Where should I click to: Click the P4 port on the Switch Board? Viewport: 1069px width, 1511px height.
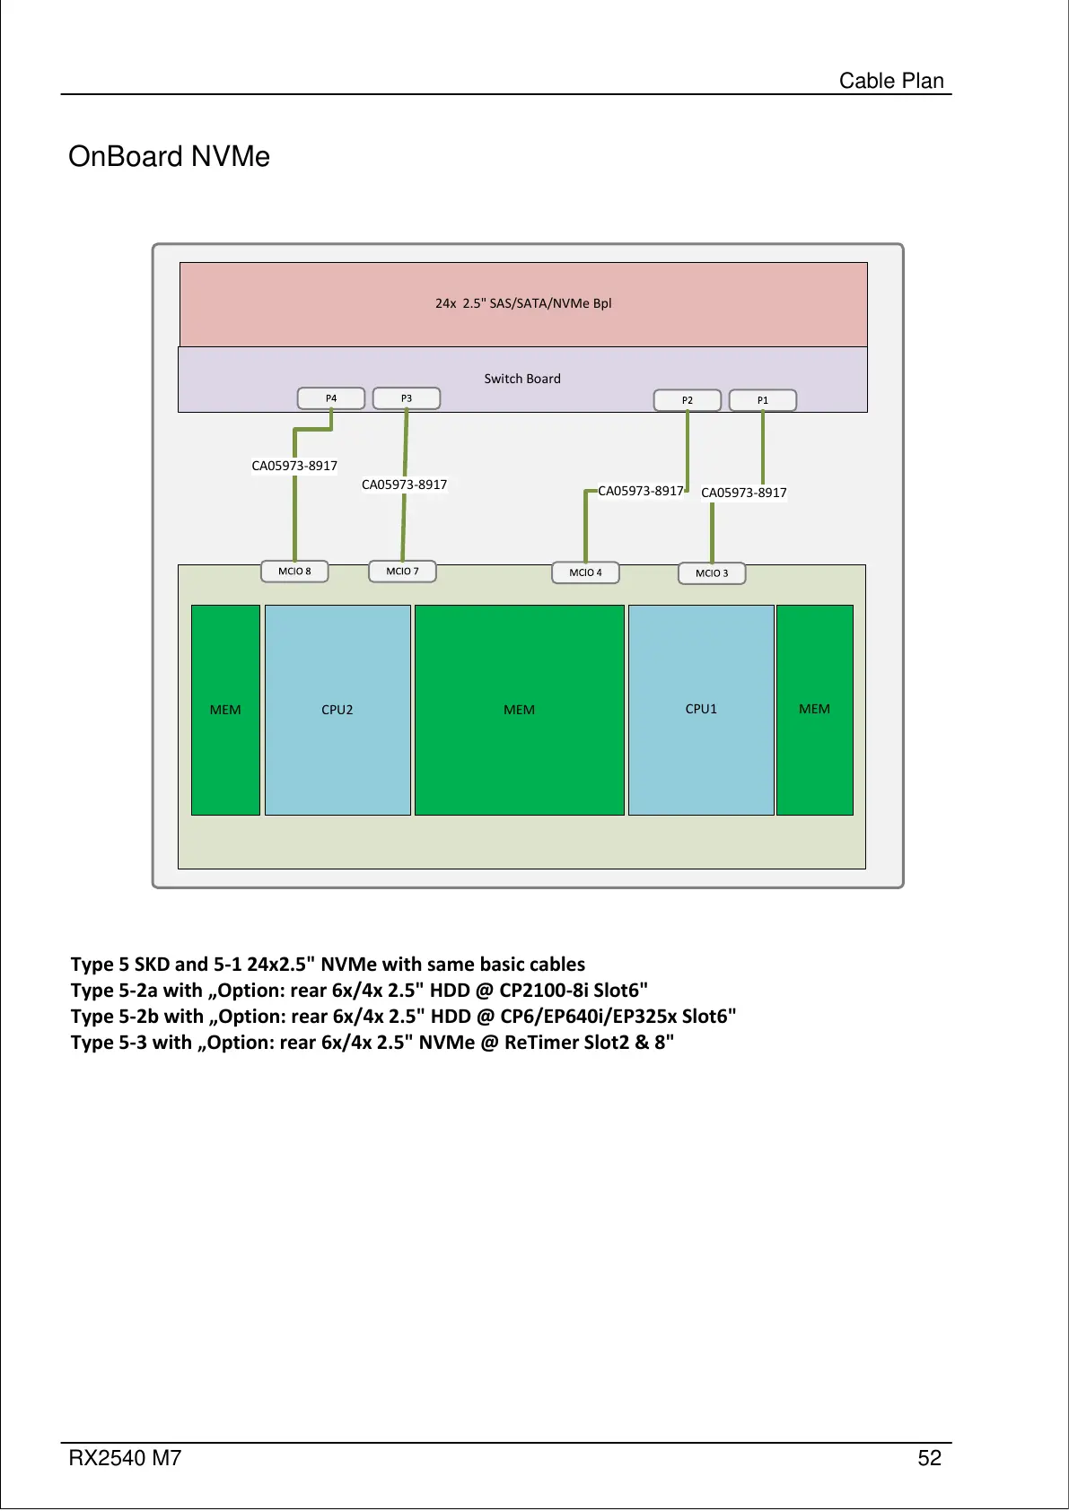(330, 398)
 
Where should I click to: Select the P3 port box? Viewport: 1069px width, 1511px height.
(407, 398)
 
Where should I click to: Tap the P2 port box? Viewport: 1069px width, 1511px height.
(688, 400)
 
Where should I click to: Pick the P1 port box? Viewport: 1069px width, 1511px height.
(763, 400)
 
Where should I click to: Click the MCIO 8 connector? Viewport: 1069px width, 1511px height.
(294, 572)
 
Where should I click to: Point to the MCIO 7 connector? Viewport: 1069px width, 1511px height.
(402, 572)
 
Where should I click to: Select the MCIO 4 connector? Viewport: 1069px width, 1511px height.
(585, 572)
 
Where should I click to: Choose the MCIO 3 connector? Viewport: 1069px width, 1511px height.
(712, 573)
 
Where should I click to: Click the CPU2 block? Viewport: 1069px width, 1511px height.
(337, 710)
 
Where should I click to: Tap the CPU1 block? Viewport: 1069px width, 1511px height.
(701, 709)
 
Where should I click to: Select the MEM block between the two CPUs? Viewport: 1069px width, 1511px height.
(519, 710)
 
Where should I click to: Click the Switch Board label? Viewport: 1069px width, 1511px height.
(522, 379)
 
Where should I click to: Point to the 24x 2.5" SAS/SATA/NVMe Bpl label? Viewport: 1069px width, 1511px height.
(523, 303)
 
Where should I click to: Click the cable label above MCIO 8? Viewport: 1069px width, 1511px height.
(294, 466)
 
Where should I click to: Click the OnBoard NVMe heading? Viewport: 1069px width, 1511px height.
(169, 157)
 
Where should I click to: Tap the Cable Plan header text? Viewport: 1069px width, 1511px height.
(891, 81)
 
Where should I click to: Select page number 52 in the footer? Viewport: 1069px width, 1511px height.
(929, 1458)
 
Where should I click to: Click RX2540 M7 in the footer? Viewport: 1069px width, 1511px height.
(125, 1458)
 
